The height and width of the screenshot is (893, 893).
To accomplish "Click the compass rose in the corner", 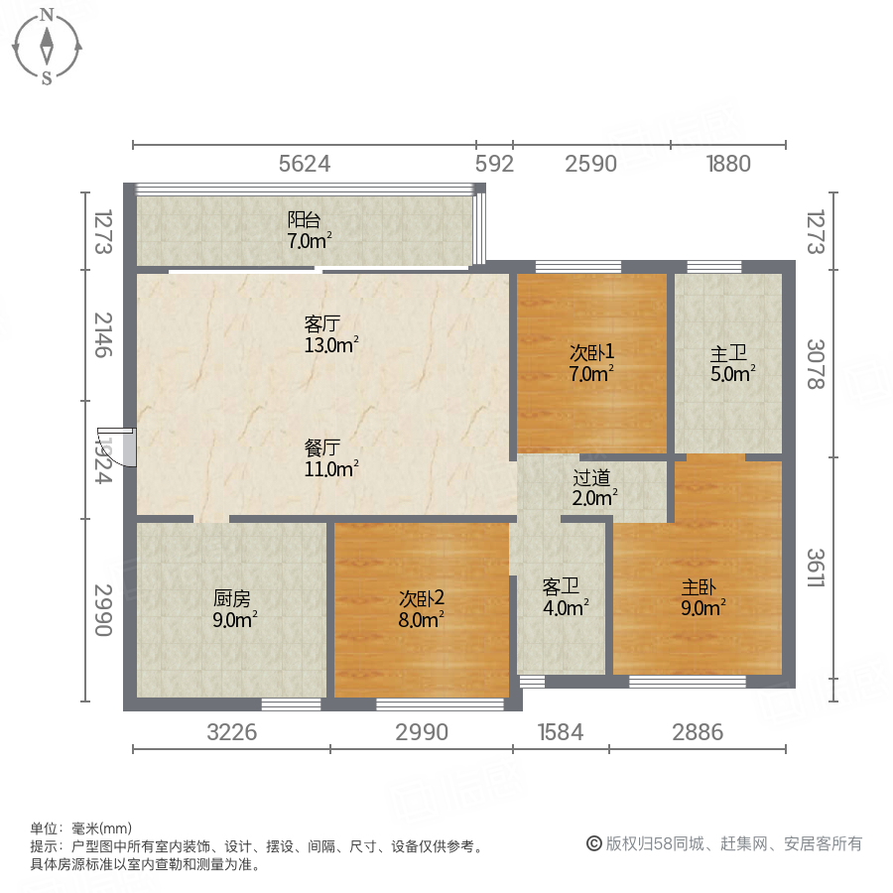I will pyautogui.click(x=47, y=46).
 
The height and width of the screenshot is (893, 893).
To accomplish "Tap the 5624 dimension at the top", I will pyautogui.click(x=304, y=164).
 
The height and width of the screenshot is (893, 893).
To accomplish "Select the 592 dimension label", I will pyautogui.click(x=493, y=164).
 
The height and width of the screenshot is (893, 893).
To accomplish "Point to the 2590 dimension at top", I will pyautogui.click(x=591, y=164).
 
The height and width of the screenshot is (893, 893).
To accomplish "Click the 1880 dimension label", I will pyautogui.click(x=728, y=164).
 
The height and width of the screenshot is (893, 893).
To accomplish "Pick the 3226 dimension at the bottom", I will pyautogui.click(x=232, y=733).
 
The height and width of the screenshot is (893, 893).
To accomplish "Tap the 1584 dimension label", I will pyautogui.click(x=561, y=733).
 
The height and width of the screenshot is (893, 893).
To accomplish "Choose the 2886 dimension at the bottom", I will pyautogui.click(x=698, y=733).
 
